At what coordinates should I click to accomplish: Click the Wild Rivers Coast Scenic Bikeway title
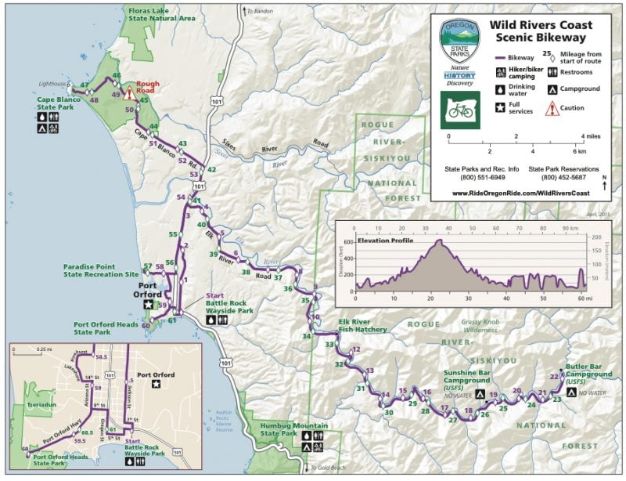tap(541, 31)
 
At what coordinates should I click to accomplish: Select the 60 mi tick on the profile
tap(581, 298)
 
